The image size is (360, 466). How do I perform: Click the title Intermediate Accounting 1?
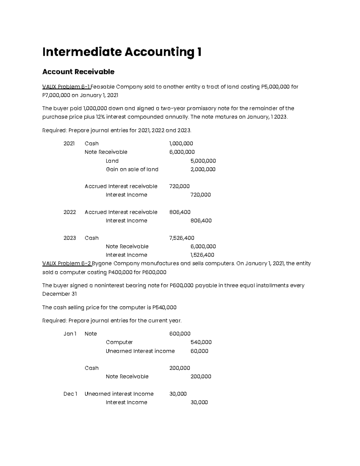pos(121,52)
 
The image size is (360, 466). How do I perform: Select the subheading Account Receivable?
pos(78,72)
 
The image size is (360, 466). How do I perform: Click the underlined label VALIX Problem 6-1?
pos(66,87)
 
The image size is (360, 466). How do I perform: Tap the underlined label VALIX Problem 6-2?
pos(67,263)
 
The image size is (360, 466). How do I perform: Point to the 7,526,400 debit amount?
pos(181,238)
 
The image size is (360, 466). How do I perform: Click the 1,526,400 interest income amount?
pos(202,255)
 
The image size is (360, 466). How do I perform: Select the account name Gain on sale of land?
pos(132,169)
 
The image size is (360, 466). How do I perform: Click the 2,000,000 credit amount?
pos(203,169)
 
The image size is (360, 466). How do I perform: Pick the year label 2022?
pos(70,212)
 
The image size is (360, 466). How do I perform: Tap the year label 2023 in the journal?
pos(70,238)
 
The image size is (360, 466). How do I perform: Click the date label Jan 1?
pos(70,334)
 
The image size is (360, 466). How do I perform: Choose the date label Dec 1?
pos(70,394)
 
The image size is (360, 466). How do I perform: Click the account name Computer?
pos(119,342)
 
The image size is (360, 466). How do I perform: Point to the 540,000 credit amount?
pos(201,342)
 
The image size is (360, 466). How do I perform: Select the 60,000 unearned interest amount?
pos(199,351)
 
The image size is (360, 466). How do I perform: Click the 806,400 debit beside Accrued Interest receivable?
pos(180,212)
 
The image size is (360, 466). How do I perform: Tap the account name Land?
pos(112,161)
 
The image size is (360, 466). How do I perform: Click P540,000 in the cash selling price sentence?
pos(164,308)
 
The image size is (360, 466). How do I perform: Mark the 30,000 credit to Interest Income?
pos(199,402)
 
